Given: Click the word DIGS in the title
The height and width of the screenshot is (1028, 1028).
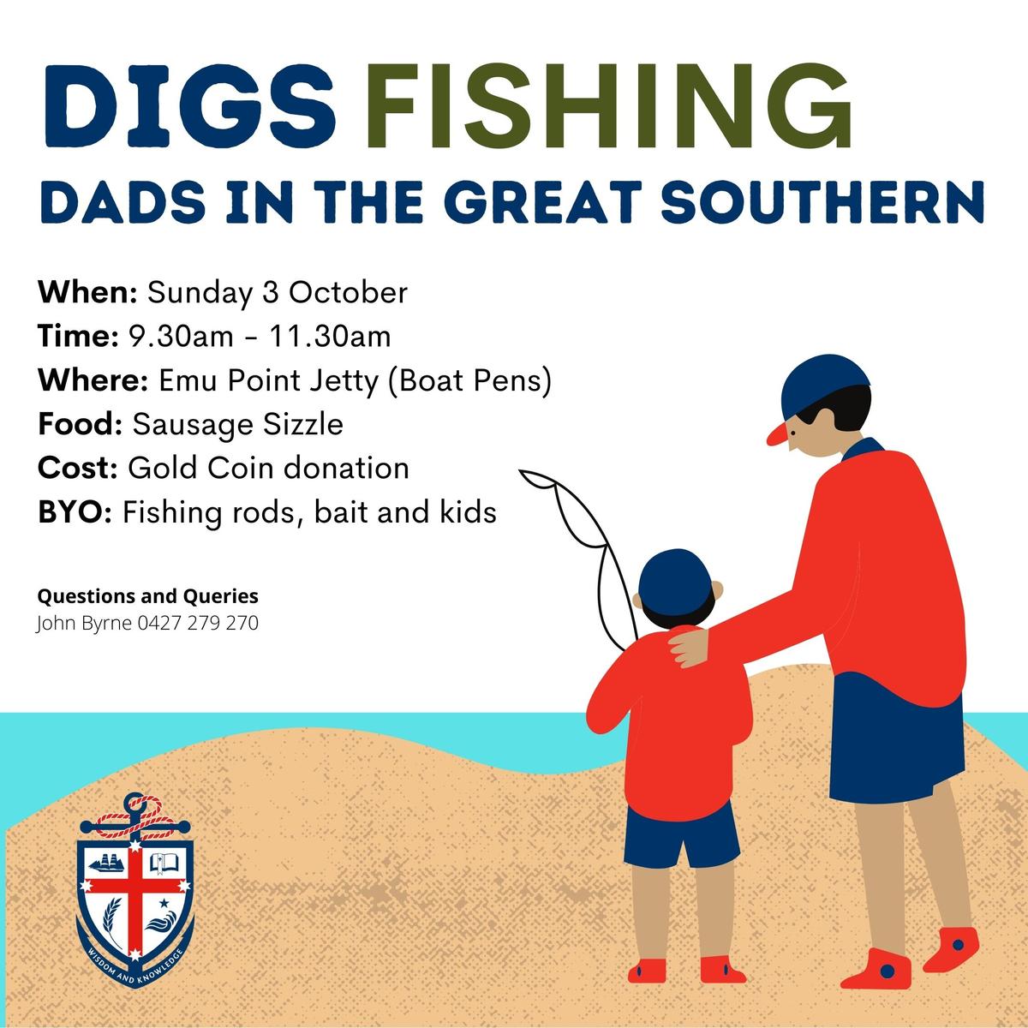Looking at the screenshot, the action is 190,105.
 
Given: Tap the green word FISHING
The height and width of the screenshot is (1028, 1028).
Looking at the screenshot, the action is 608,105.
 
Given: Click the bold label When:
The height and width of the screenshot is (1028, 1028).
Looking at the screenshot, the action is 88,292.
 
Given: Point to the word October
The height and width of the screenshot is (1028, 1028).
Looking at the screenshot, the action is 349,292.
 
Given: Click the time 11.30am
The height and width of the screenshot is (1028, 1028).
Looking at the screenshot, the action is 330,337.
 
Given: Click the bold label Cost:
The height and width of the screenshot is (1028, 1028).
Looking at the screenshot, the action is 78,469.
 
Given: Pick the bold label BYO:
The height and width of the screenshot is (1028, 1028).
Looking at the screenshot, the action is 75,512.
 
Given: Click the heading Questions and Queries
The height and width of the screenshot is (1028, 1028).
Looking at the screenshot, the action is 147,596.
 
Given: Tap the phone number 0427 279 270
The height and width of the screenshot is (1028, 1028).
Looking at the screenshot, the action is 198,623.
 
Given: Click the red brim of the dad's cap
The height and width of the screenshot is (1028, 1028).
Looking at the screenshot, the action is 780,434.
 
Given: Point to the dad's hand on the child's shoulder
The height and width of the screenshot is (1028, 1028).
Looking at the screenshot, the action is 689,647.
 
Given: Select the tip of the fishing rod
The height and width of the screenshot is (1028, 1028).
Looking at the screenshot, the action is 521,471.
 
